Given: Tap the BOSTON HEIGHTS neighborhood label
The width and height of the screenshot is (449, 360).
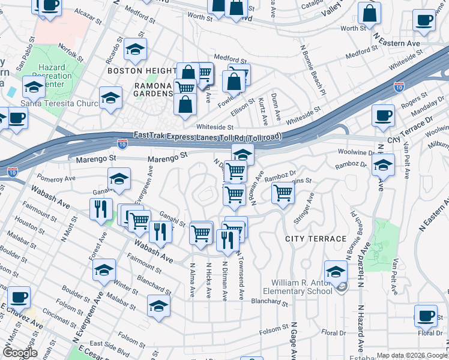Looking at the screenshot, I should click(x=142, y=71).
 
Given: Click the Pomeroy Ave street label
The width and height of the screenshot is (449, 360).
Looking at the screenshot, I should click(x=56, y=178).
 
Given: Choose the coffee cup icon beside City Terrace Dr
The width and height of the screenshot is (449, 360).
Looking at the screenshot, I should click(x=382, y=116).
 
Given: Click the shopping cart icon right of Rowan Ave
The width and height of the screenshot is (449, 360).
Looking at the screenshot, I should click(x=283, y=193).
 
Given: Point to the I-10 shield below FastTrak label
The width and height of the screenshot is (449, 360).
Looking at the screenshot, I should click(x=122, y=143).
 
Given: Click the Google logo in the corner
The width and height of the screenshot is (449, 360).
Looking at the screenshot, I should click(x=20, y=353).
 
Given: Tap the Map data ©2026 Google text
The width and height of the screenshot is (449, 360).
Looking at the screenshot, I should click(x=411, y=355).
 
